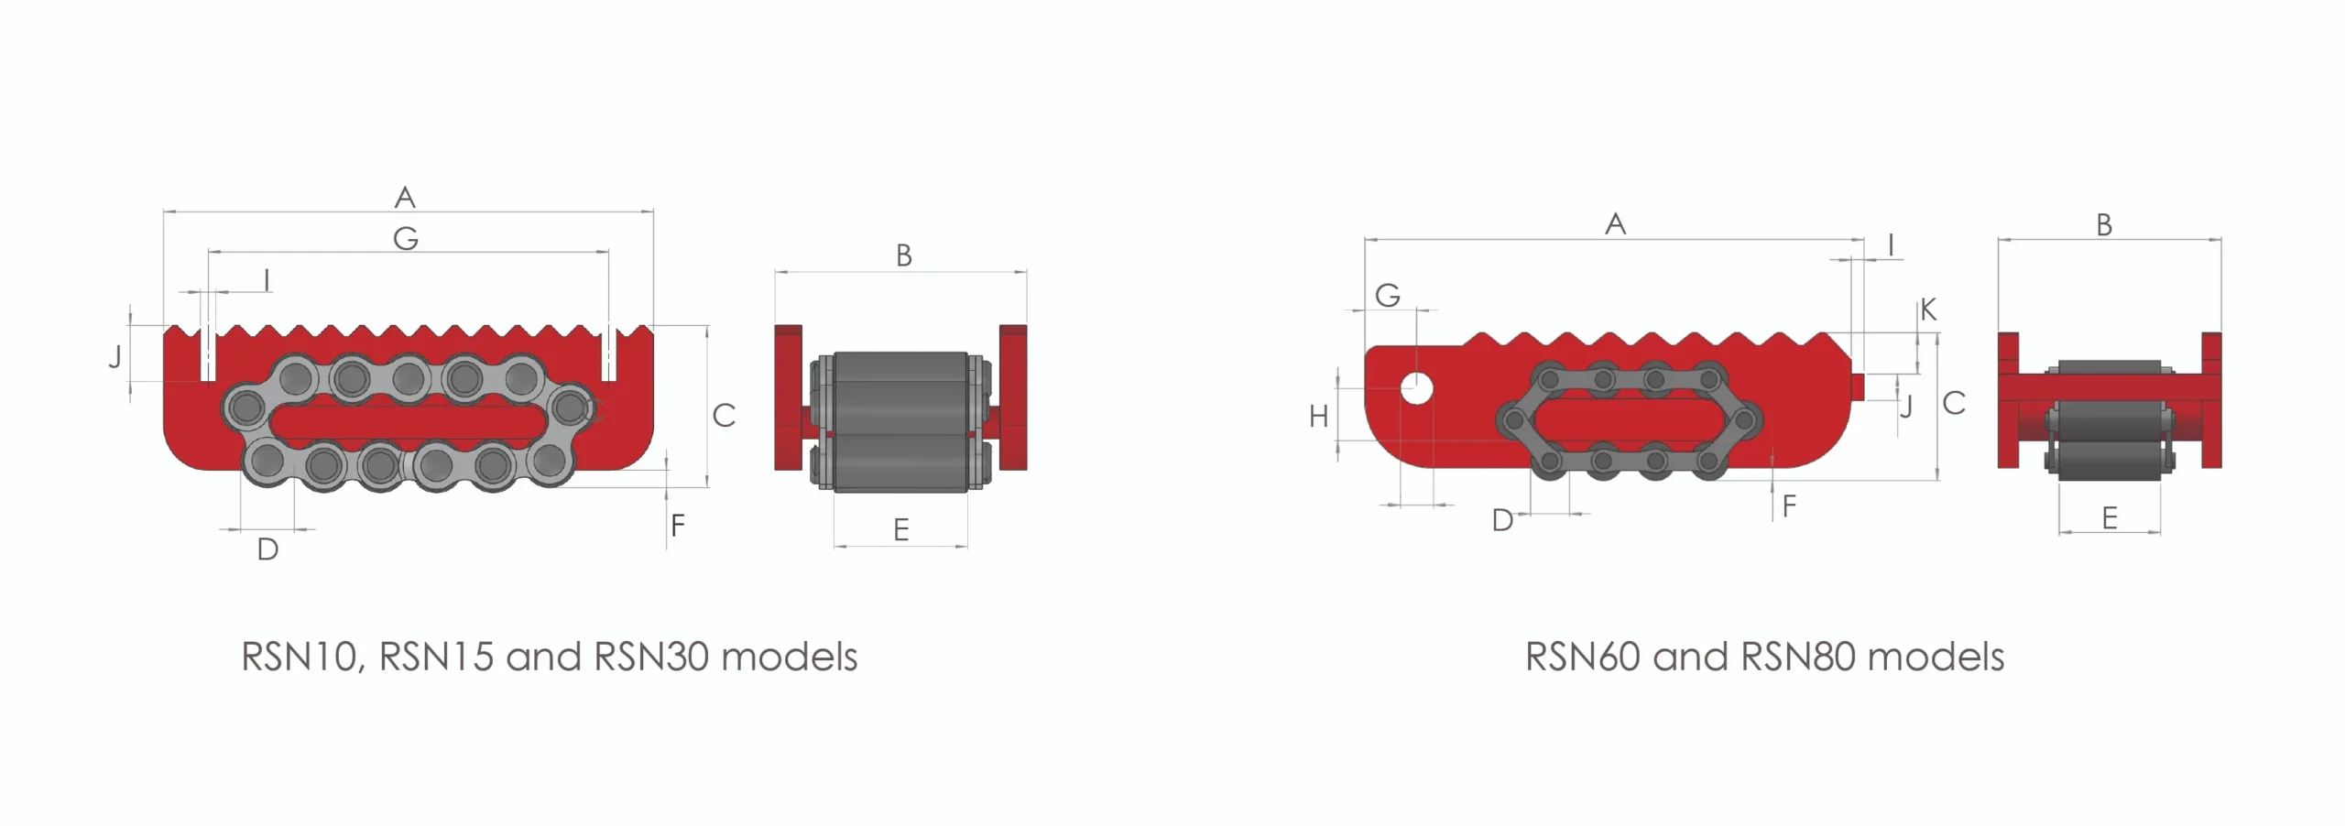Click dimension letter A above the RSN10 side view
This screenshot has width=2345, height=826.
405,197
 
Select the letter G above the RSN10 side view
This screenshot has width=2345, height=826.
406,239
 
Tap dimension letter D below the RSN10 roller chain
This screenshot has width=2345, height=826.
267,549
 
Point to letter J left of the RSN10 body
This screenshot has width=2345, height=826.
115,355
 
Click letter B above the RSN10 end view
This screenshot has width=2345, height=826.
904,255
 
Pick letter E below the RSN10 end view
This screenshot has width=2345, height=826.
901,529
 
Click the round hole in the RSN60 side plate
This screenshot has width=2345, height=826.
1416,388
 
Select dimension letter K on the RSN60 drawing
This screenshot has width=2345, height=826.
1928,310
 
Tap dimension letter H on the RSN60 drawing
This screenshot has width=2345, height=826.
1319,418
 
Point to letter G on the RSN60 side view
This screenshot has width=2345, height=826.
1388,295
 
